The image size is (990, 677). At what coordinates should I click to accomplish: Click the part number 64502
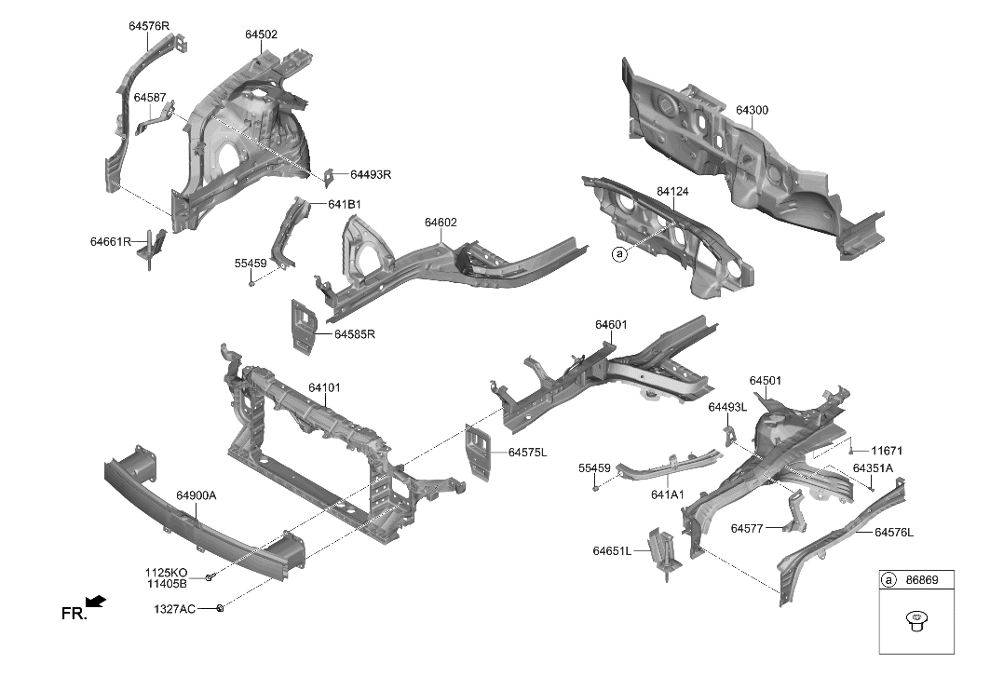pyautogui.click(x=262, y=34)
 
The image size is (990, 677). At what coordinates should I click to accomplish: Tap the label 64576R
pyautogui.click(x=149, y=26)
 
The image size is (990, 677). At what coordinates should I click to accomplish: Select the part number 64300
pyautogui.click(x=752, y=110)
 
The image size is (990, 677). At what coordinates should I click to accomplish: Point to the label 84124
pyautogui.click(x=672, y=191)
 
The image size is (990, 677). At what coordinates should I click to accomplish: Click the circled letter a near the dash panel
pyautogui.click(x=617, y=252)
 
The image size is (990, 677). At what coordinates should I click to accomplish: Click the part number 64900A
pyautogui.click(x=197, y=495)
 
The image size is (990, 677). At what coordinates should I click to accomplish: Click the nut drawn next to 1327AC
pyautogui.click(x=219, y=608)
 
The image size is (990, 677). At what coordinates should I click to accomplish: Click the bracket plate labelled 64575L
pyautogui.click(x=478, y=454)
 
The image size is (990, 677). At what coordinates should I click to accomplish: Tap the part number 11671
pyautogui.click(x=887, y=451)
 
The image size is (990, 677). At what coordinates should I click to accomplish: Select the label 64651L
pyautogui.click(x=612, y=551)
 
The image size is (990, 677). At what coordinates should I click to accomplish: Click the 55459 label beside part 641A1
pyautogui.click(x=594, y=467)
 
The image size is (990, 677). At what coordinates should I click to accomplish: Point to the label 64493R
pyautogui.click(x=371, y=174)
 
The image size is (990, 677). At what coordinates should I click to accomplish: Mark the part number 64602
pyautogui.click(x=441, y=223)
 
